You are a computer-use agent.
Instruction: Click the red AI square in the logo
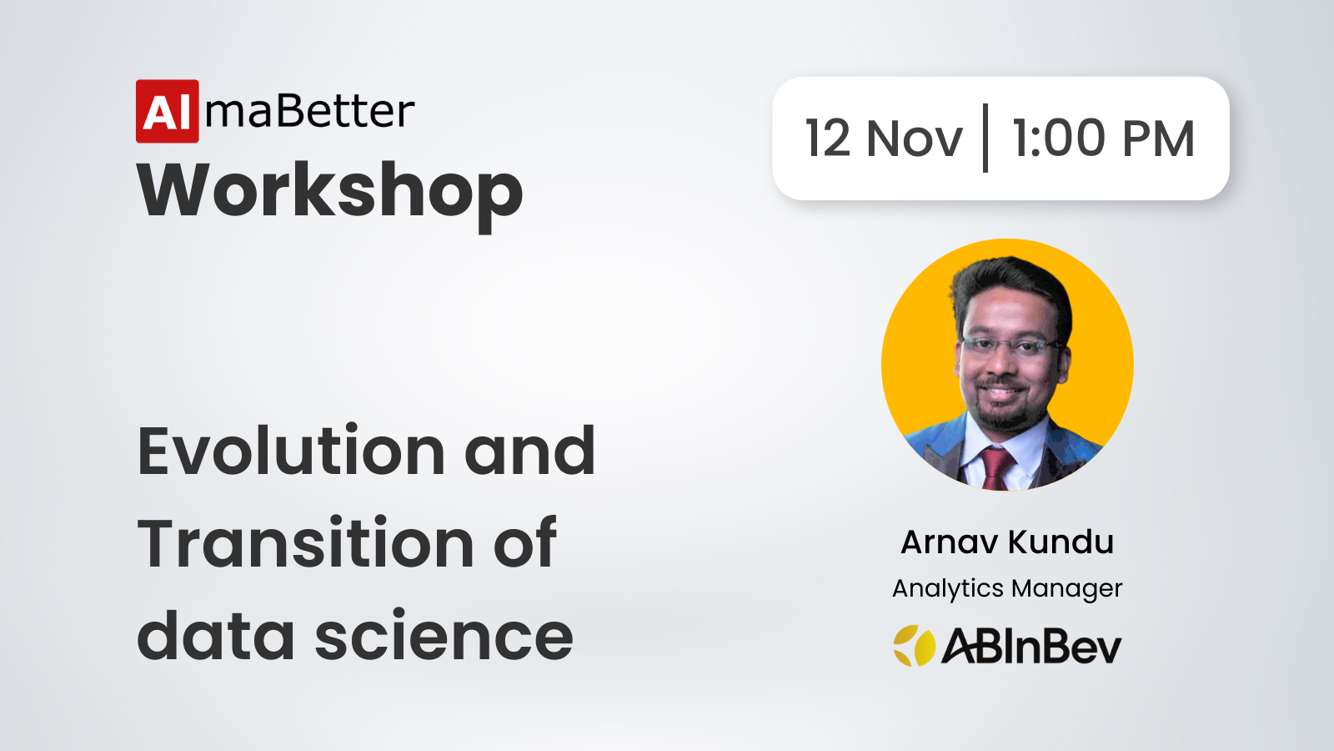point(168,112)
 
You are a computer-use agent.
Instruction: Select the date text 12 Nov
point(884,139)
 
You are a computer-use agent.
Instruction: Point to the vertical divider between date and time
point(985,138)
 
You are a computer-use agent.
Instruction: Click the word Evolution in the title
point(291,451)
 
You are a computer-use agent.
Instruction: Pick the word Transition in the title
point(305,543)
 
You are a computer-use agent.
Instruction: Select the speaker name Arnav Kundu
point(1007,542)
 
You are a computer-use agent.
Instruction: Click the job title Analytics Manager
point(1007,589)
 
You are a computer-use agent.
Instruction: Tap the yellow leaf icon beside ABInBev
point(914,646)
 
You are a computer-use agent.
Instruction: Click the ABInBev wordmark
point(1031,646)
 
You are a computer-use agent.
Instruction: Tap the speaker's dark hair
point(1010,286)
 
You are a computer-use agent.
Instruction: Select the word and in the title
point(529,451)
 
